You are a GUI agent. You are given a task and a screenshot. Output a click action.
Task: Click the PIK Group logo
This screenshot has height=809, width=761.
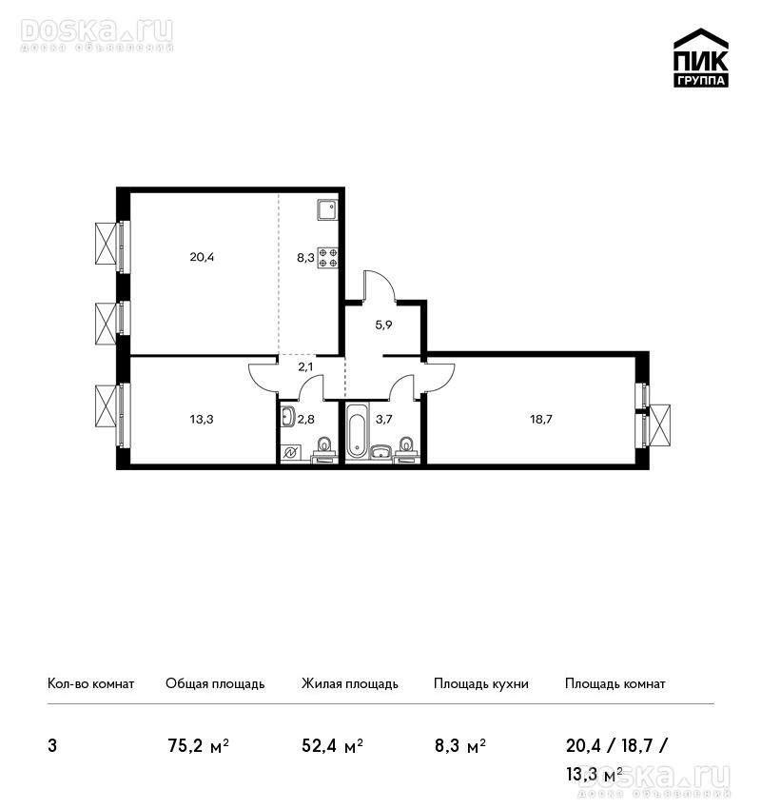tap(701, 58)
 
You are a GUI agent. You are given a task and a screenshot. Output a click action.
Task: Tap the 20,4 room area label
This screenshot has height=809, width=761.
tap(202, 256)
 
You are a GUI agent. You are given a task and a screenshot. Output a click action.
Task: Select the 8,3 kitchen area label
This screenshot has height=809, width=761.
tap(305, 258)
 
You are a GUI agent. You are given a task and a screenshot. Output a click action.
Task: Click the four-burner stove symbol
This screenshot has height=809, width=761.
tap(328, 258)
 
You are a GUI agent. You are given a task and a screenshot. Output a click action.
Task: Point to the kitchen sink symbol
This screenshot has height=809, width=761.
tap(328, 209)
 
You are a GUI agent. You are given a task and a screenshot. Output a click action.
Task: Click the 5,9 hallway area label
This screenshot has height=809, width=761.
tap(383, 326)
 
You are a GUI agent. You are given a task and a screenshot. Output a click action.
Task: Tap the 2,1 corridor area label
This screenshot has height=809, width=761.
tap(305, 367)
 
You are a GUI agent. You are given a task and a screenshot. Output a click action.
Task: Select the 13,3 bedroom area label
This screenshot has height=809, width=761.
tap(202, 419)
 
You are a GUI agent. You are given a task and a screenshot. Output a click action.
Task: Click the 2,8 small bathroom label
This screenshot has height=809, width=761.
tap(305, 419)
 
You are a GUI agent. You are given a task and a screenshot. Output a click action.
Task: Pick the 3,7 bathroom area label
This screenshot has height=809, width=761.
tap(383, 419)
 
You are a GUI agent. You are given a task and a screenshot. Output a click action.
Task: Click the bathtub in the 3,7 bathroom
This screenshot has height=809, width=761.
tap(358, 431)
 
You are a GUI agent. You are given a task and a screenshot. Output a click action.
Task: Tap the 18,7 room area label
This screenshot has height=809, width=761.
tap(541, 419)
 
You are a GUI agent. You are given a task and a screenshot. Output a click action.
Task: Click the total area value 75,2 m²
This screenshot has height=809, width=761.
tap(199, 746)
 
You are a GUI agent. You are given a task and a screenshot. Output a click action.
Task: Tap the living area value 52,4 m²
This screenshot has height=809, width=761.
tap(333, 746)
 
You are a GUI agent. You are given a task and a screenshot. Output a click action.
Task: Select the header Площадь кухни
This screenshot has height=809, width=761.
tap(481, 684)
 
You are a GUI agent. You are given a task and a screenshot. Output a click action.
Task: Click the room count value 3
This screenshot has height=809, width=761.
tap(52, 746)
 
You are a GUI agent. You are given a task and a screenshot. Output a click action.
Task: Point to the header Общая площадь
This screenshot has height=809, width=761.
tap(215, 684)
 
